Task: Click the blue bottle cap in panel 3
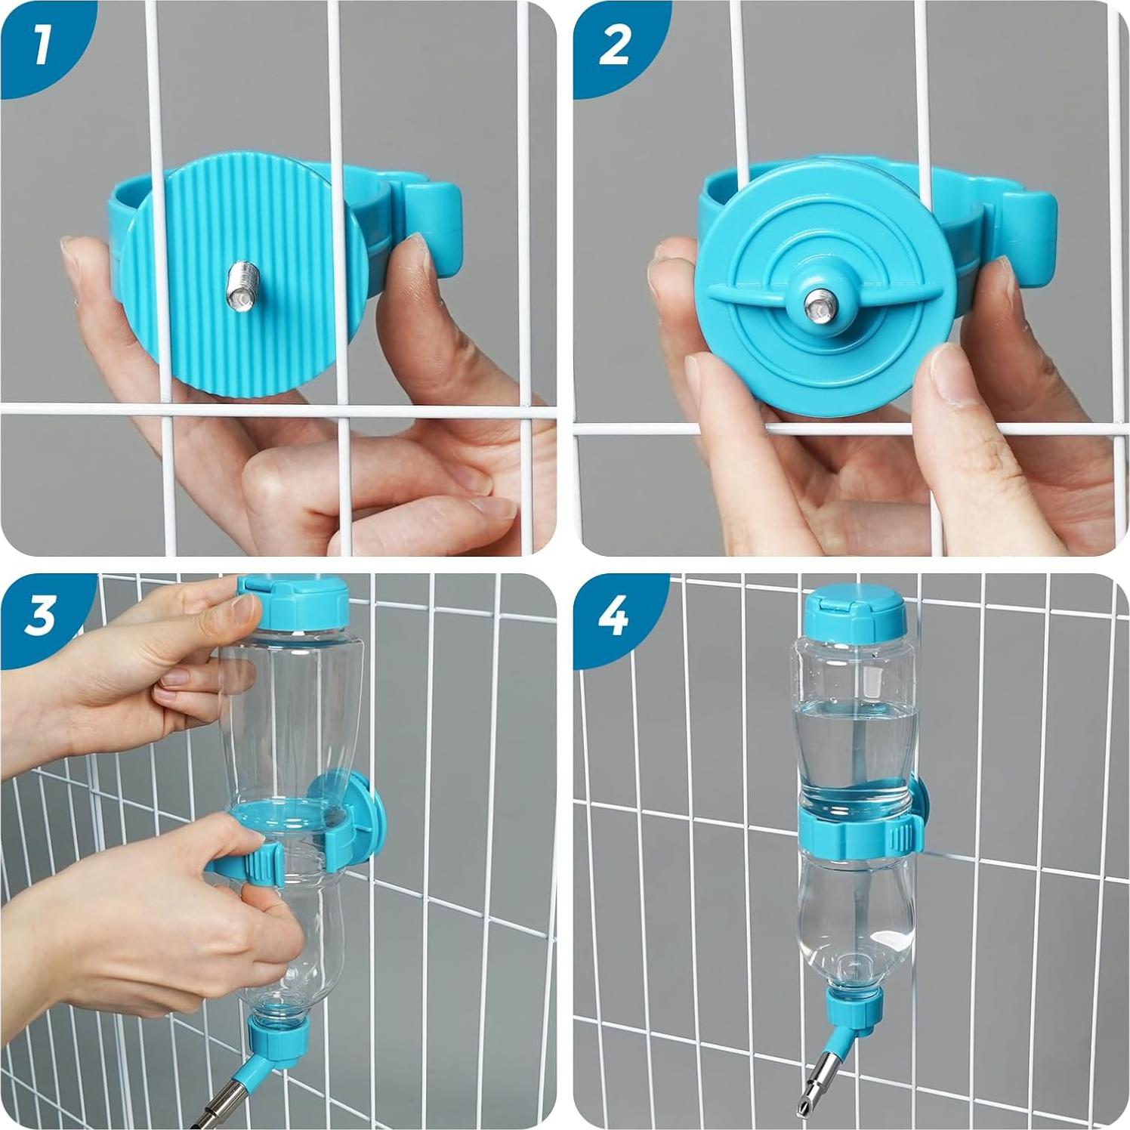293,604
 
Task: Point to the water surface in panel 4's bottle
854,705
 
